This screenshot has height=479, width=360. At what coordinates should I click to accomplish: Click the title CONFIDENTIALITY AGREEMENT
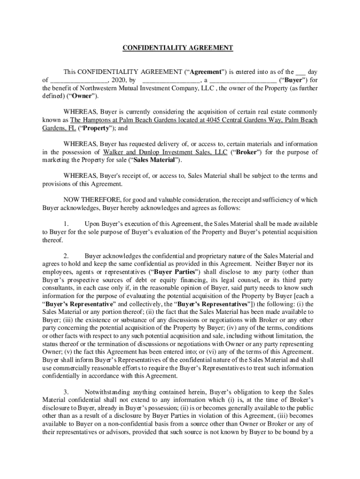(x=178, y=48)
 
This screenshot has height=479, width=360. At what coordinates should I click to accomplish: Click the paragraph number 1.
(x=66, y=224)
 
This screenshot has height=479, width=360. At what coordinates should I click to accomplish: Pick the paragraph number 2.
(x=66, y=256)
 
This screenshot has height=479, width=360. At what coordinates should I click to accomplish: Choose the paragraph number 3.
(x=66, y=391)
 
